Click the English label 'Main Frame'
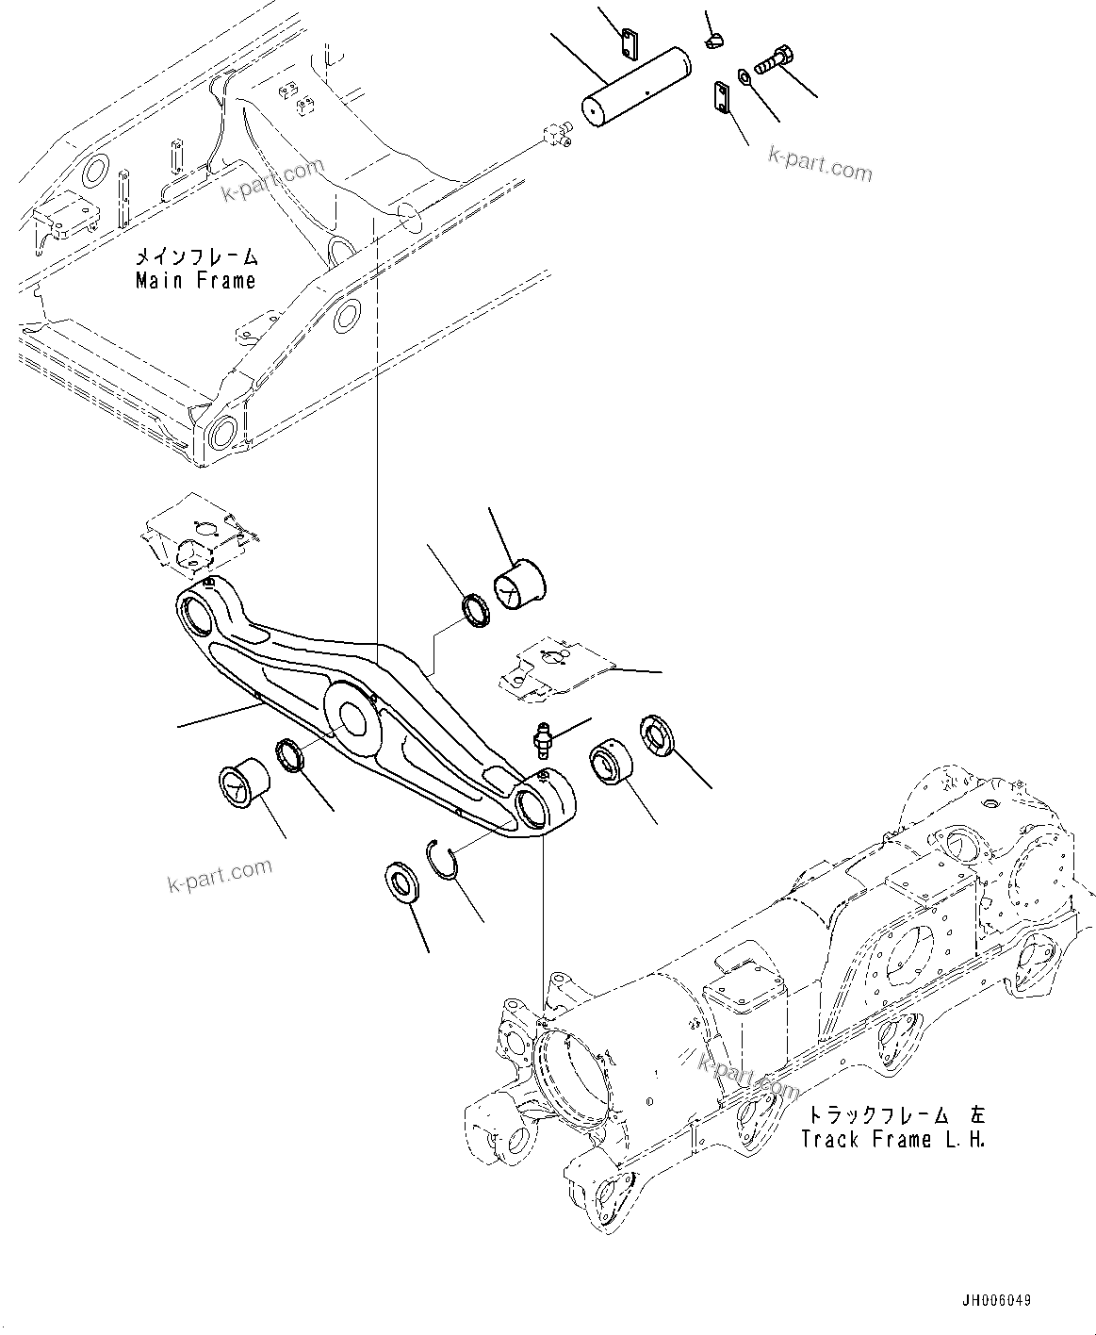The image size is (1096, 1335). (x=195, y=281)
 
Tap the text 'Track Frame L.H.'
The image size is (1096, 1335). (x=892, y=1139)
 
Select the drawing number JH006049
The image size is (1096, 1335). (x=995, y=1300)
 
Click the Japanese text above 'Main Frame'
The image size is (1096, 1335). (x=195, y=256)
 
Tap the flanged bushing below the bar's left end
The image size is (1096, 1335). (x=242, y=781)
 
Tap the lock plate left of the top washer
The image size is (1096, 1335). (x=722, y=98)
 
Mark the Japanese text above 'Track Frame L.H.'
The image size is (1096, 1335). (x=892, y=1114)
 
